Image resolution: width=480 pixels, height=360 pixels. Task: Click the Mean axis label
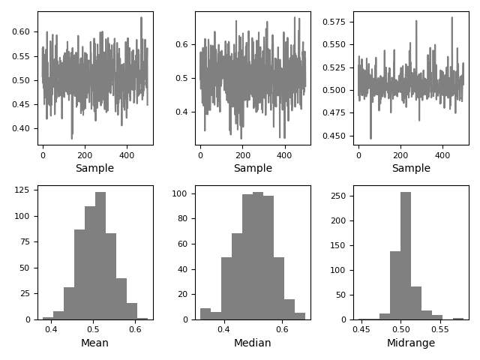(x=94, y=343)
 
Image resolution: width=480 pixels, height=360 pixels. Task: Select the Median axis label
(x=253, y=343)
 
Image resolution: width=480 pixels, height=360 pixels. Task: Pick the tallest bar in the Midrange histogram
(x=406, y=255)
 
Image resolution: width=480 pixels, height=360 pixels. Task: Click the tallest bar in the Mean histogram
(x=100, y=255)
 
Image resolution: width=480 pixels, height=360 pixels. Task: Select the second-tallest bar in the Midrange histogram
(x=395, y=285)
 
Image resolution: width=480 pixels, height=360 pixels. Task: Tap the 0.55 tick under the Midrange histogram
(x=439, y=328)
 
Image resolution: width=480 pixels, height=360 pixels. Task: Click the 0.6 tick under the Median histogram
(x=282, y=328)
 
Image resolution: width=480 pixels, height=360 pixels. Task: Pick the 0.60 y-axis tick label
(x=22, y=31)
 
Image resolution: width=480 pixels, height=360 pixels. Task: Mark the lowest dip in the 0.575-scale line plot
(x=370, y=138)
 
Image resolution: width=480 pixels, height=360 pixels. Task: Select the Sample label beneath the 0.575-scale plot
(x=411, y=169)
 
